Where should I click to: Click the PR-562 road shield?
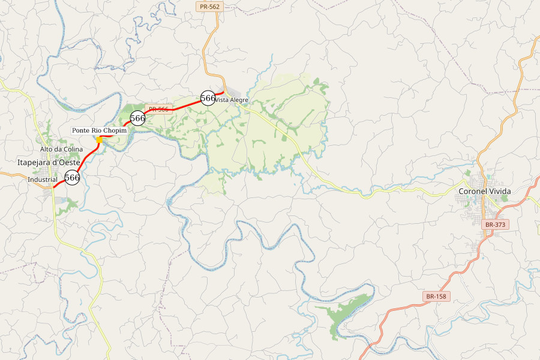click(209, 7)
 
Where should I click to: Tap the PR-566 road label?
click(159, 109)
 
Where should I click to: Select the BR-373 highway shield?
click(496, 224)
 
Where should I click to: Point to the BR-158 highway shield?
click(437, 296)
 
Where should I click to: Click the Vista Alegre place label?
click(232, 100)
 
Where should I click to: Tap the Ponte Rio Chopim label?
click(100, 130)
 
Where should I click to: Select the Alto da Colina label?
click(61, 149)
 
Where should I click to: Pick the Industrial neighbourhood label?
click(43, 179)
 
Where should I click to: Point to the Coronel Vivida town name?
click(484, 191)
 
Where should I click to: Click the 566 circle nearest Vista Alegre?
click(208, 98)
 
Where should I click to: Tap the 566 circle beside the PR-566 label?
click(137, 118)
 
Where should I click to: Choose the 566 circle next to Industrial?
click(72, 178)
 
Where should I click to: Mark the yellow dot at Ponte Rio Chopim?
click(99, 139)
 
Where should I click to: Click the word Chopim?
click(115, 130)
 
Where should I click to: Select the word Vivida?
click(499, 191)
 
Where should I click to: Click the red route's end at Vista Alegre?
click(224, 92)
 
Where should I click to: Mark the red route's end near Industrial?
click(53, 188)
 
